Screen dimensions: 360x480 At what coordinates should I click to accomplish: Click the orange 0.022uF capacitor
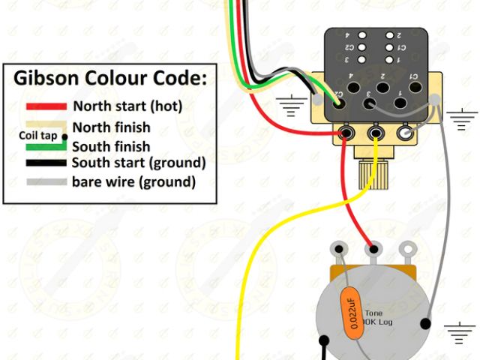click(348, 311)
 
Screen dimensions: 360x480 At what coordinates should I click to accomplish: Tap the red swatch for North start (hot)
click(47, 106)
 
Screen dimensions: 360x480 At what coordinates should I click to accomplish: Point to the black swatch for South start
click(47, 163)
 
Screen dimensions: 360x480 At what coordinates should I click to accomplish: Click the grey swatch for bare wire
click(47, 181)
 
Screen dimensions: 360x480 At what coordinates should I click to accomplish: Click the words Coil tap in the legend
click(37, 136)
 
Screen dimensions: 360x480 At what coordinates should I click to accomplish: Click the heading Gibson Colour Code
click(110, 79)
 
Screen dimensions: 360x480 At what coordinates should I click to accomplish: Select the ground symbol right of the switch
click(462, 117)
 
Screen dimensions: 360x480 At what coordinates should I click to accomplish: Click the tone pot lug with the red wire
click(373, 248)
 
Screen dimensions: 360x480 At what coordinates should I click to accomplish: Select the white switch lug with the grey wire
click(406, 134)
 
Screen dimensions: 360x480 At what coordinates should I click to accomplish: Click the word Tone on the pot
click(373, 313)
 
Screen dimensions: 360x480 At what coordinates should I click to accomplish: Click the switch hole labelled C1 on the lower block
click(412, 85)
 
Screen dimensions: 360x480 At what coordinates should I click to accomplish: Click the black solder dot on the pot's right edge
click(426, 323)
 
